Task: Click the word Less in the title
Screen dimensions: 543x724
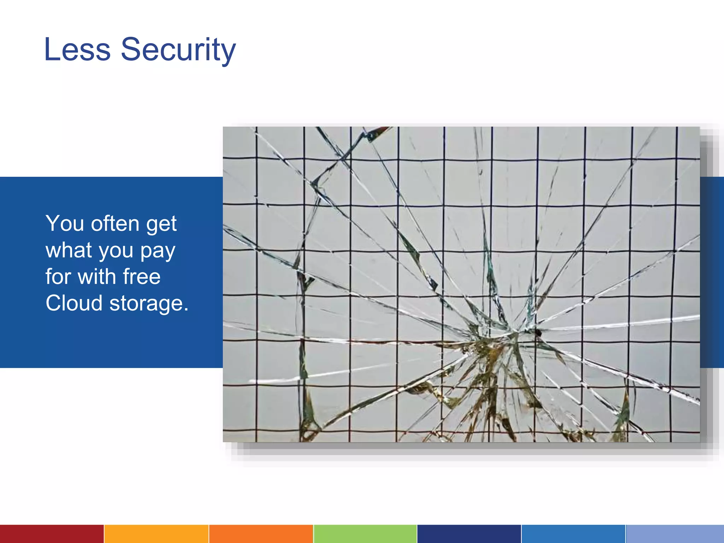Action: click(77, 49)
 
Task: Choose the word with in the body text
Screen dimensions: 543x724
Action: click(97, 276)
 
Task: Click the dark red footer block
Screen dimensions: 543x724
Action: click(52, 534)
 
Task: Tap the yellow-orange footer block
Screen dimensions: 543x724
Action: click(156, 534)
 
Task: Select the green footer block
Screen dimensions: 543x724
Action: click(365, 534)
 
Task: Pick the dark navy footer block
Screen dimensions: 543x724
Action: click(469, 534)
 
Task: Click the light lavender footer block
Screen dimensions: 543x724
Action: click(675, 534)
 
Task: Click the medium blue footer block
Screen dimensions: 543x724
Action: click(573, 534)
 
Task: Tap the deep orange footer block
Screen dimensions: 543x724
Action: click(261, 534)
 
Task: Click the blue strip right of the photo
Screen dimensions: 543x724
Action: click(712, 272)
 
